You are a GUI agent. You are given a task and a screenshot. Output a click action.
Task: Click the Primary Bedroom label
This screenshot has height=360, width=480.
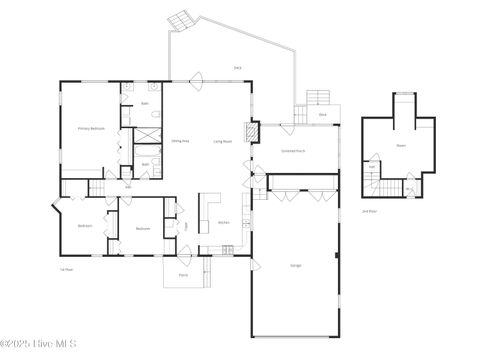(x=91, y=129)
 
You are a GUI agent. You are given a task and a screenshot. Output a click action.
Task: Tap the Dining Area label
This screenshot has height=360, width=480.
(x=181, y=142)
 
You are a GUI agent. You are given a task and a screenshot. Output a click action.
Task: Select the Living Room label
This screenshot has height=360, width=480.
(x=222, y=142)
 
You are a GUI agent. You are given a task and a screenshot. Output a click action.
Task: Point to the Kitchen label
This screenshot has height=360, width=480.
(x=224, y=222)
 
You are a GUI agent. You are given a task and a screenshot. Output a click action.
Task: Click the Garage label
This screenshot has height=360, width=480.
(x=296, y=265)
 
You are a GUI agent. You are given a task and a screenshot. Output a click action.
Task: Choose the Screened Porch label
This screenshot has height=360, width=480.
(x=292, y=150)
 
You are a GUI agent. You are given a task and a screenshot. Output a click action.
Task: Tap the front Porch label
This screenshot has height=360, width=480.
(x=183, y=273)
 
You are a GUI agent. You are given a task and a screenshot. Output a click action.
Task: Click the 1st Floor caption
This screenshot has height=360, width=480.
(x=67, y=269)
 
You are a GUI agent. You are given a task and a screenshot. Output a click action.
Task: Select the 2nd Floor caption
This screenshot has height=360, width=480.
(x=369, y=211)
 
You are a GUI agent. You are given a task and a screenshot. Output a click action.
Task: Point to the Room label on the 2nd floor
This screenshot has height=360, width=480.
(x=401, y=146)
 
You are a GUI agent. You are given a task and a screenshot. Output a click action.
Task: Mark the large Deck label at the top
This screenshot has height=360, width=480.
(x=238, y=67)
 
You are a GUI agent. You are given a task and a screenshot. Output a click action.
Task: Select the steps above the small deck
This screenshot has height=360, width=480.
(x=317, y=97)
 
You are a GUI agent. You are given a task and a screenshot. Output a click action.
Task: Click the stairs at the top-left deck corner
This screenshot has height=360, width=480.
(x=180, y=21)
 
